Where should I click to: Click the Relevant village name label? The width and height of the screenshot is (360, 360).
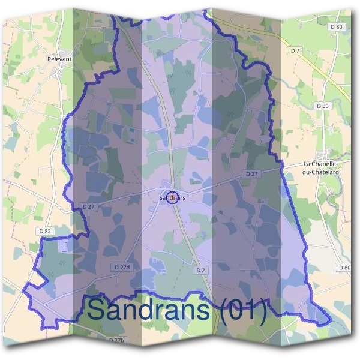59,59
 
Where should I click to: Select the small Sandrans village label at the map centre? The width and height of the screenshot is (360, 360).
172,197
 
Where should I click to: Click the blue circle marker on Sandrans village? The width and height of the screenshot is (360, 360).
172,197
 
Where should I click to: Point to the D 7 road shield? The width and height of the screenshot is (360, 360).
295,51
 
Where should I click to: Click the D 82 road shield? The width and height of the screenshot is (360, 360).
44,231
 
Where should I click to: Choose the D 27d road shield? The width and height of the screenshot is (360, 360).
121,266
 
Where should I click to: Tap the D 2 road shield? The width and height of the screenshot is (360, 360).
200,271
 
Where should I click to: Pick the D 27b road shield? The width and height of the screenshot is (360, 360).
116,340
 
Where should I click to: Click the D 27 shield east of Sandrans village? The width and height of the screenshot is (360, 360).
251,173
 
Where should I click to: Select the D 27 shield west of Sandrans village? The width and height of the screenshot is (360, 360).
88,206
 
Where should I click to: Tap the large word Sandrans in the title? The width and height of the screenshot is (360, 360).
149,309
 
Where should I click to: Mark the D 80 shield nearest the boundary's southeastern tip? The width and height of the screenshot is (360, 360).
344,268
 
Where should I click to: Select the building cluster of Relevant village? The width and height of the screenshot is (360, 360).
60,71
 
